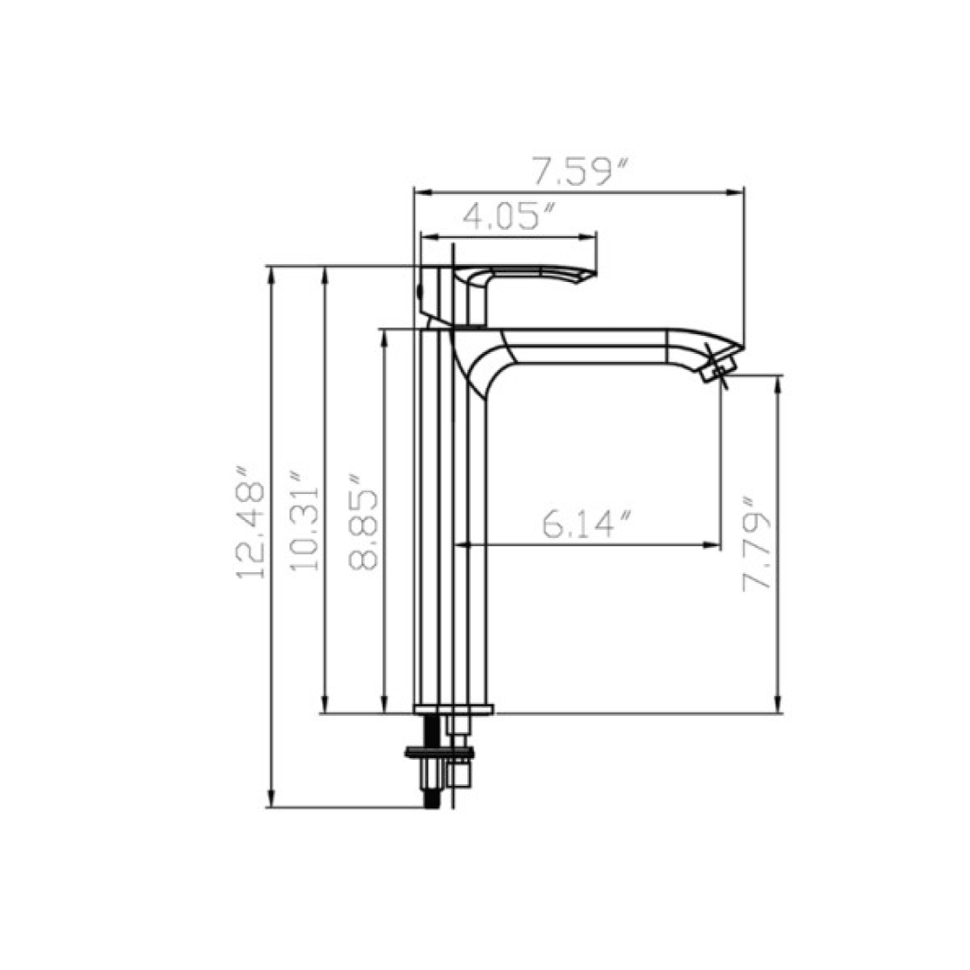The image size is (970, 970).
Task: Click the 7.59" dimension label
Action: pos(578,171)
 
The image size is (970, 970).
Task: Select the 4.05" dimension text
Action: pos(507,216)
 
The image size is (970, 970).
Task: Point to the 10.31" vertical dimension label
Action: pos(304,521)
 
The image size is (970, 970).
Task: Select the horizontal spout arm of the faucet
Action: pos(593,346)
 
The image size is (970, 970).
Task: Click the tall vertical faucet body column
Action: pos(454,539)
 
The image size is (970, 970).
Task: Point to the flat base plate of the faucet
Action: pos(454,710)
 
